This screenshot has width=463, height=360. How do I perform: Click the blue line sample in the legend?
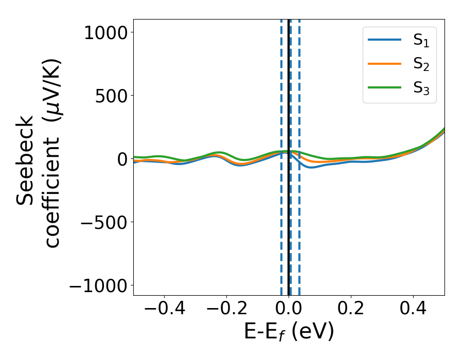click(384, 40)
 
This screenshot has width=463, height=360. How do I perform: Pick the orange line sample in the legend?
click(384, 64)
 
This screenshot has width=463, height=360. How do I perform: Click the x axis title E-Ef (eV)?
click(289, 332)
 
